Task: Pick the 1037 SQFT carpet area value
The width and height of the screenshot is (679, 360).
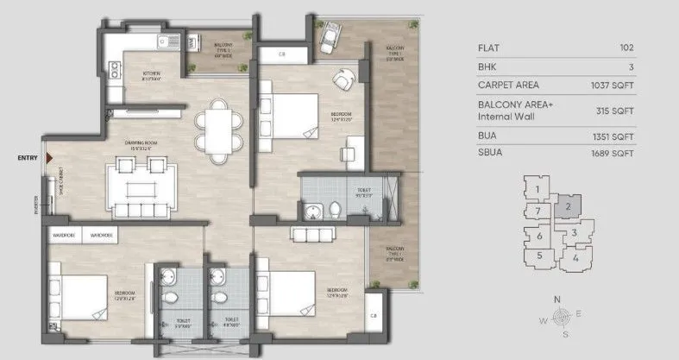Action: pos(613,85)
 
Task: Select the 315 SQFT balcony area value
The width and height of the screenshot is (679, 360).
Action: pos(617,111)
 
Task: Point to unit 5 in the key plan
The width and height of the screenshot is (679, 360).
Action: pos(539,255)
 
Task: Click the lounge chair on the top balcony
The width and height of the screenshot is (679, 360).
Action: pos(330,37)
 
